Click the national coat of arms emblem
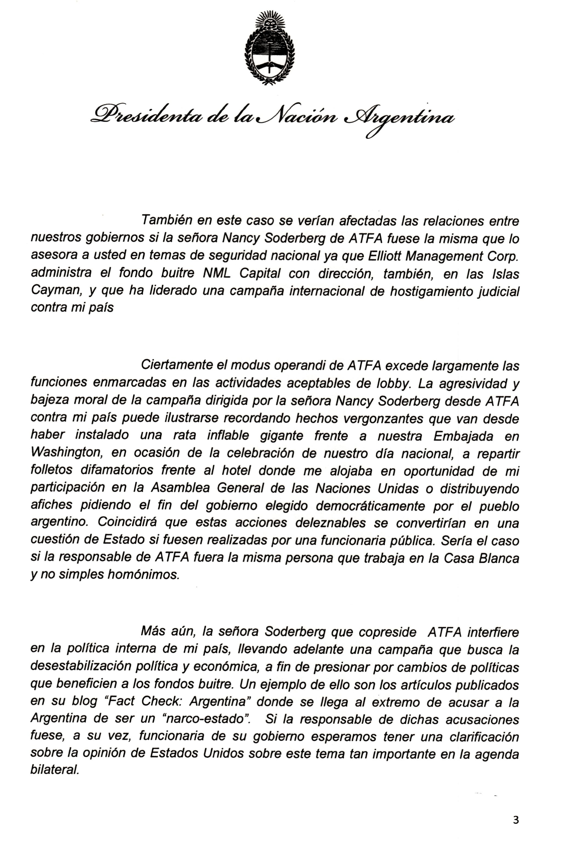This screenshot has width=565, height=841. click(x=270, y=49)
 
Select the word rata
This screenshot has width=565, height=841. click(x=184, y=436)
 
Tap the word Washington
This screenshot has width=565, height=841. click(x=68, y=453)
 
